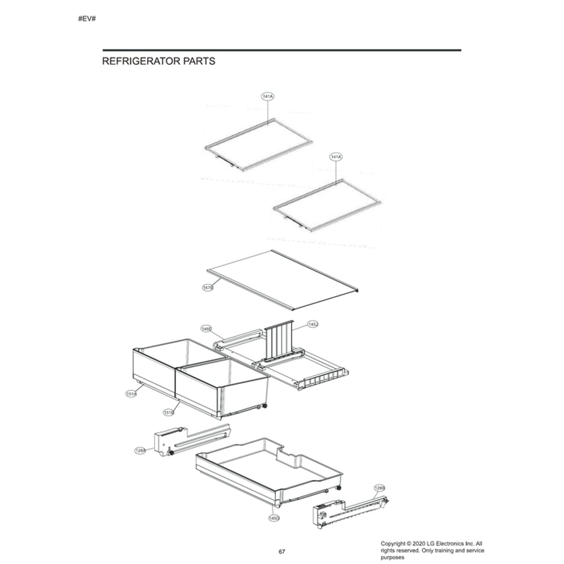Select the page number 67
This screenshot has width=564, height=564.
(x=282, y=551)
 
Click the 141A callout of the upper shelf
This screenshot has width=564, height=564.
(x=267, y=97)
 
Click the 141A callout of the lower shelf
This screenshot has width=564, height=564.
(x=336, y=156)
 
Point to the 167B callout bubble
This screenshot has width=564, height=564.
(x=208, y=288)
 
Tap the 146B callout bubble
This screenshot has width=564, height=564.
(x=206, y=328)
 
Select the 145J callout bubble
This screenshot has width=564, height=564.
(x=312, y=325)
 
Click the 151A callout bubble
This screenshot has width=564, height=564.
(x=130, y=394)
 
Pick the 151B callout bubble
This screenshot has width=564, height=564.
(x=168, y=413)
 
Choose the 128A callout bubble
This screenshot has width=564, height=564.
(x=140, y=450)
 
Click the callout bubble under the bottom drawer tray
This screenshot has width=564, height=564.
(x=274, y=517)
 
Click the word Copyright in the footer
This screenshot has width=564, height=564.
(x=395, y=543)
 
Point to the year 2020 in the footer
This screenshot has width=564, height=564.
(x=423, y=543)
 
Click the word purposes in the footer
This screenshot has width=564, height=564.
(x=393, y=557)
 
